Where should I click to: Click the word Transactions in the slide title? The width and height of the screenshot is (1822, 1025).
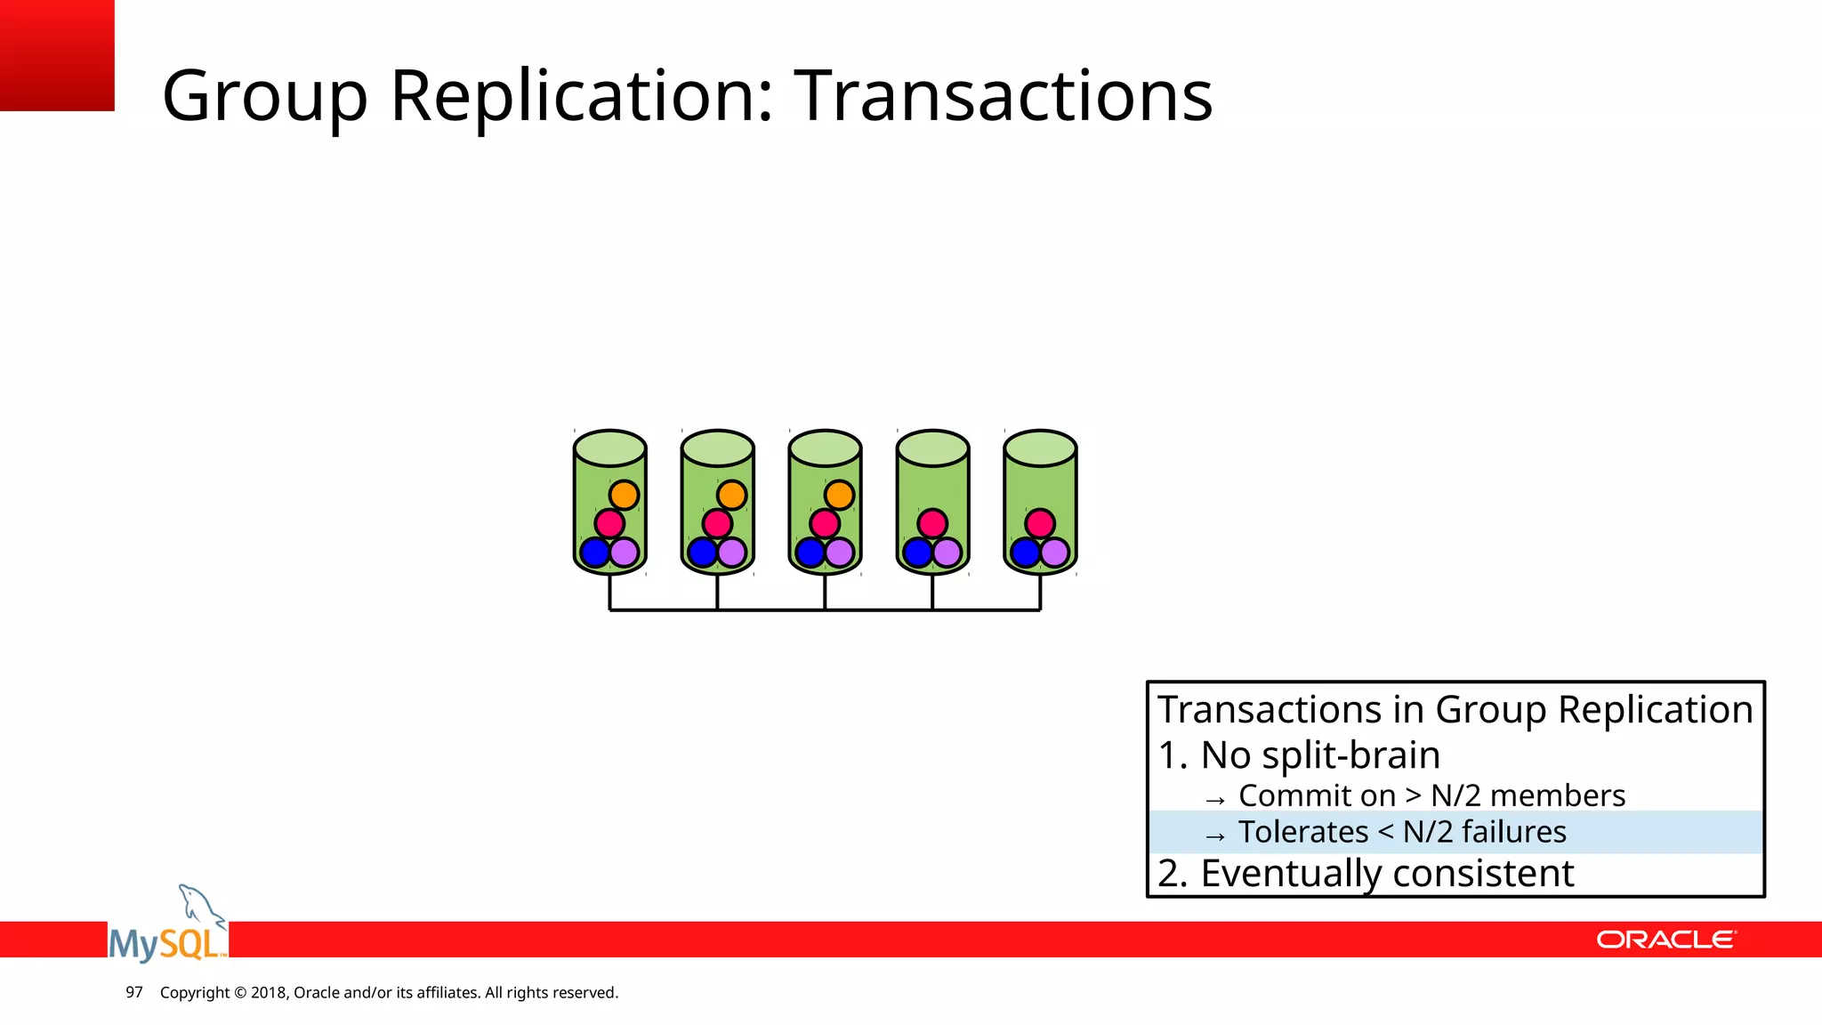pyautogui.click(x=1003, y=95)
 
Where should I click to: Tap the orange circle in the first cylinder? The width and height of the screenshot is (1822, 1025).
pyautogui.click(x=624, y=495)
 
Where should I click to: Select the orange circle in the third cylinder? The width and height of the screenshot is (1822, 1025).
pyautogui.click(x=839, y=495)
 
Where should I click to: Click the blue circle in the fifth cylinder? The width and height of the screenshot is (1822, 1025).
pyautogui.click(x=1025, y=553)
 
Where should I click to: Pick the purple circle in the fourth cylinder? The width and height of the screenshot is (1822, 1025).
pyautogui.click(x=947, y=553)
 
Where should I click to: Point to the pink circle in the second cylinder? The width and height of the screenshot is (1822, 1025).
pyautogui.click(x=717, y=523)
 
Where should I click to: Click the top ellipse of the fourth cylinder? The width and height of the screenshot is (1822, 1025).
pyautogui.click(x=932, y=448)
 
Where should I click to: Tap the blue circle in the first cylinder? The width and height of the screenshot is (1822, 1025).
pyautogui.click(x=594, y=553)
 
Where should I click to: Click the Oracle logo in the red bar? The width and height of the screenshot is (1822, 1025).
pyautogui.click(x=1665, y=940)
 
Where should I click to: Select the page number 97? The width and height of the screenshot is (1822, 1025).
pyautogui.click(x=134, y=992)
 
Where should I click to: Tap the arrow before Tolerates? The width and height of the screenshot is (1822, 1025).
pyautogui.click(x=1215, y=835)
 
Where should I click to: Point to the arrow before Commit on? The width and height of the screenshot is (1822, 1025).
pyautogui.click(x=1215, y=799)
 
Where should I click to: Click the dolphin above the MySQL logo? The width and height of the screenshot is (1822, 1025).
pyautogui.click(x=199, y=906)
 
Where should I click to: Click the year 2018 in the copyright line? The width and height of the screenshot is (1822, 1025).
pyautogui.click(x=268, y=992)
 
